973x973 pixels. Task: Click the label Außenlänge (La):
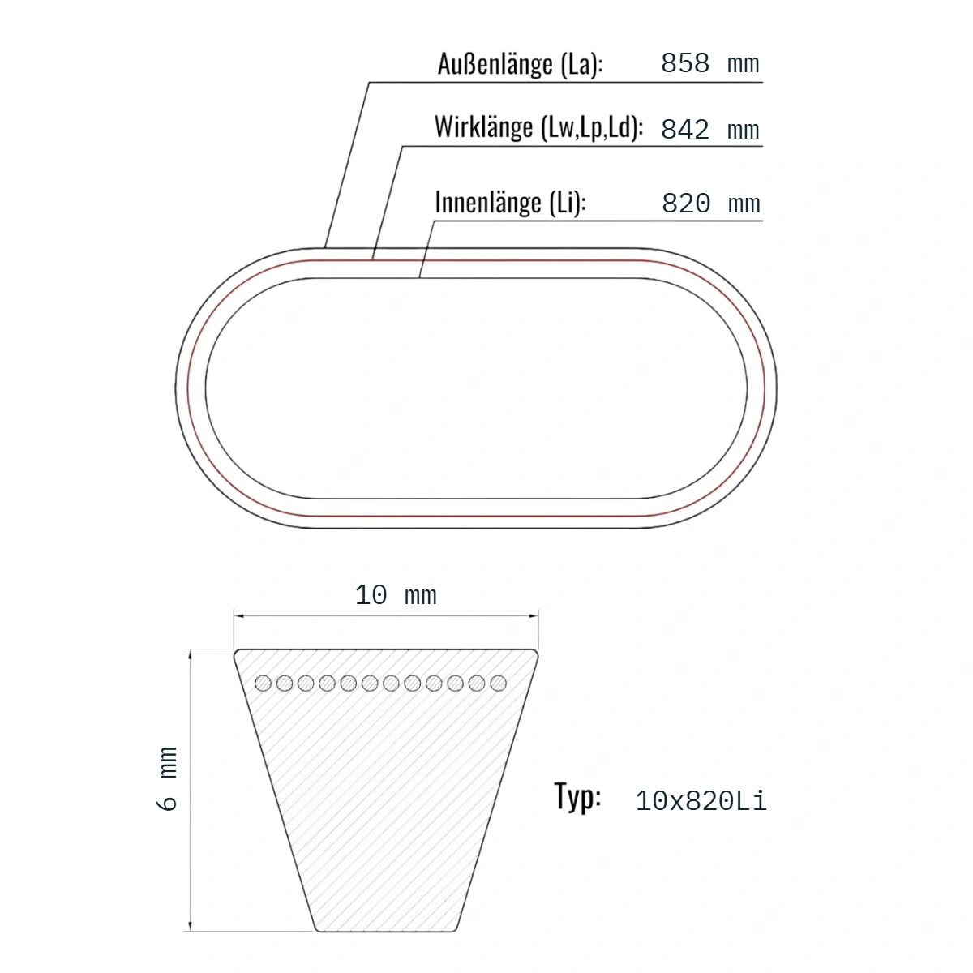(520, 65)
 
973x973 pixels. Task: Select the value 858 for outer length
(685, 63)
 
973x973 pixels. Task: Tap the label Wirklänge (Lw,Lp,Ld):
(538, 127)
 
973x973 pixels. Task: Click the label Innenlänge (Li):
(511, 203)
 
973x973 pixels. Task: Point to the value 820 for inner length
(686, 204)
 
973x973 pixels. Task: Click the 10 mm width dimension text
(396, 595)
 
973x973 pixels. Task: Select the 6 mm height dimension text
(168, 778)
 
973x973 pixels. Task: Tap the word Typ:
(577, 797)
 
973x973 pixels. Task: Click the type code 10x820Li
(701, 801)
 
